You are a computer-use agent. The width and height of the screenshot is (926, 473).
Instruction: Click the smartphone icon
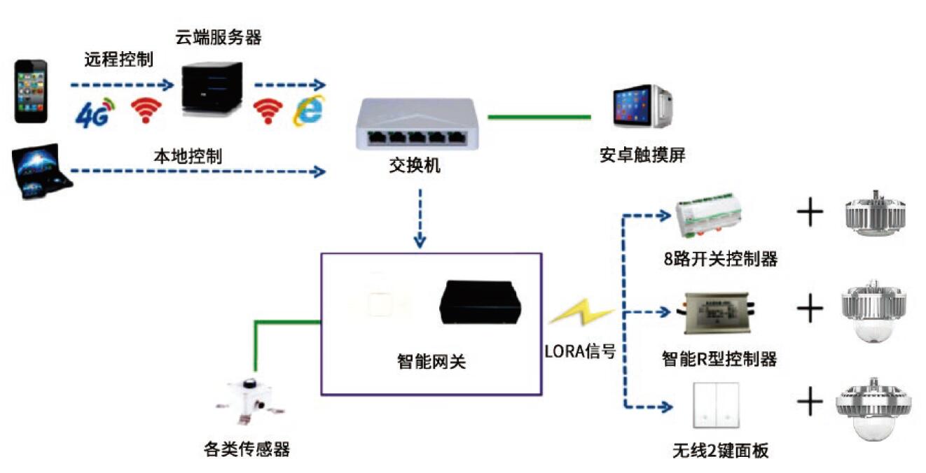[32, 91]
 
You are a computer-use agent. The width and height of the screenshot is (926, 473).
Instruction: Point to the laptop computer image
[43, 172]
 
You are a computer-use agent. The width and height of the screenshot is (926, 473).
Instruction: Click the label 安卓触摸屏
[642, 155]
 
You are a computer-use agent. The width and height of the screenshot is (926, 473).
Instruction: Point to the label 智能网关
[431, 362]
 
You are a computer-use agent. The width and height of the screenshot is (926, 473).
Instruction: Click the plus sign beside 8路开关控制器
[809, 213]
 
